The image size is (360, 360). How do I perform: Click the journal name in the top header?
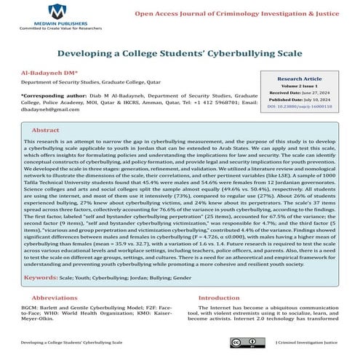coord(246,12)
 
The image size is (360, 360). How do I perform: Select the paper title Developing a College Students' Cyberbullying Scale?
coord(180,54)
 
